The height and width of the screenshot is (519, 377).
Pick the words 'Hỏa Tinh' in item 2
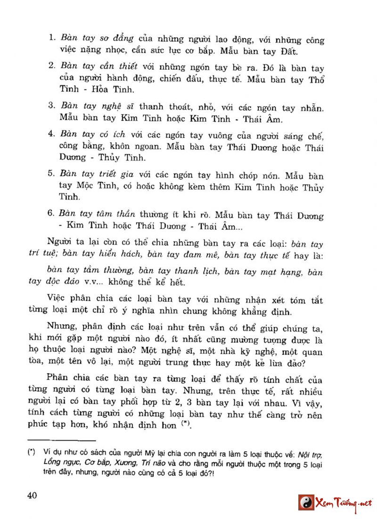coord(98,89)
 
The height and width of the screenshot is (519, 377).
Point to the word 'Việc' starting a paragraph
coord(57,300)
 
